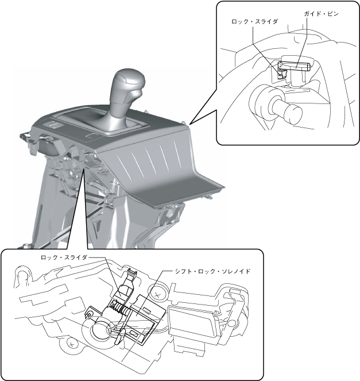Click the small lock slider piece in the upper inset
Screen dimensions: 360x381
[x=281, y=72]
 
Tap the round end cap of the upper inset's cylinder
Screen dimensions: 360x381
[x=292, y=113]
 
